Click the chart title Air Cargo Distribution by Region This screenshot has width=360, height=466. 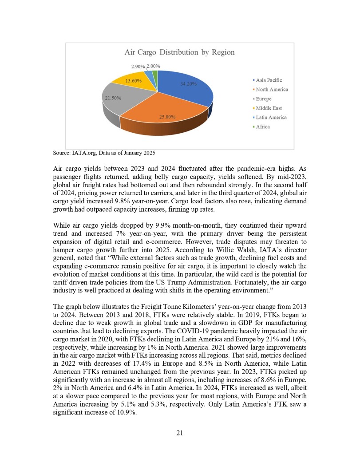pos(179,52)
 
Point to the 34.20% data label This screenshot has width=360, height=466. pos(188,83)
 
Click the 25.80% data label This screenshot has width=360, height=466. pos(167,117)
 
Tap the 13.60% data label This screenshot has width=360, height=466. pos(133,81)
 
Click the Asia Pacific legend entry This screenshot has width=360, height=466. pos(269,80)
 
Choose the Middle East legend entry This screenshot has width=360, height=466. pos(269,108)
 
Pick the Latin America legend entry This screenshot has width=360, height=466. pos(271,118)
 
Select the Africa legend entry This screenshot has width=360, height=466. pos(262,127)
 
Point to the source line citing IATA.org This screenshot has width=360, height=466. pos(104,153)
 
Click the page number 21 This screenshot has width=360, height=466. pos(180,433)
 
